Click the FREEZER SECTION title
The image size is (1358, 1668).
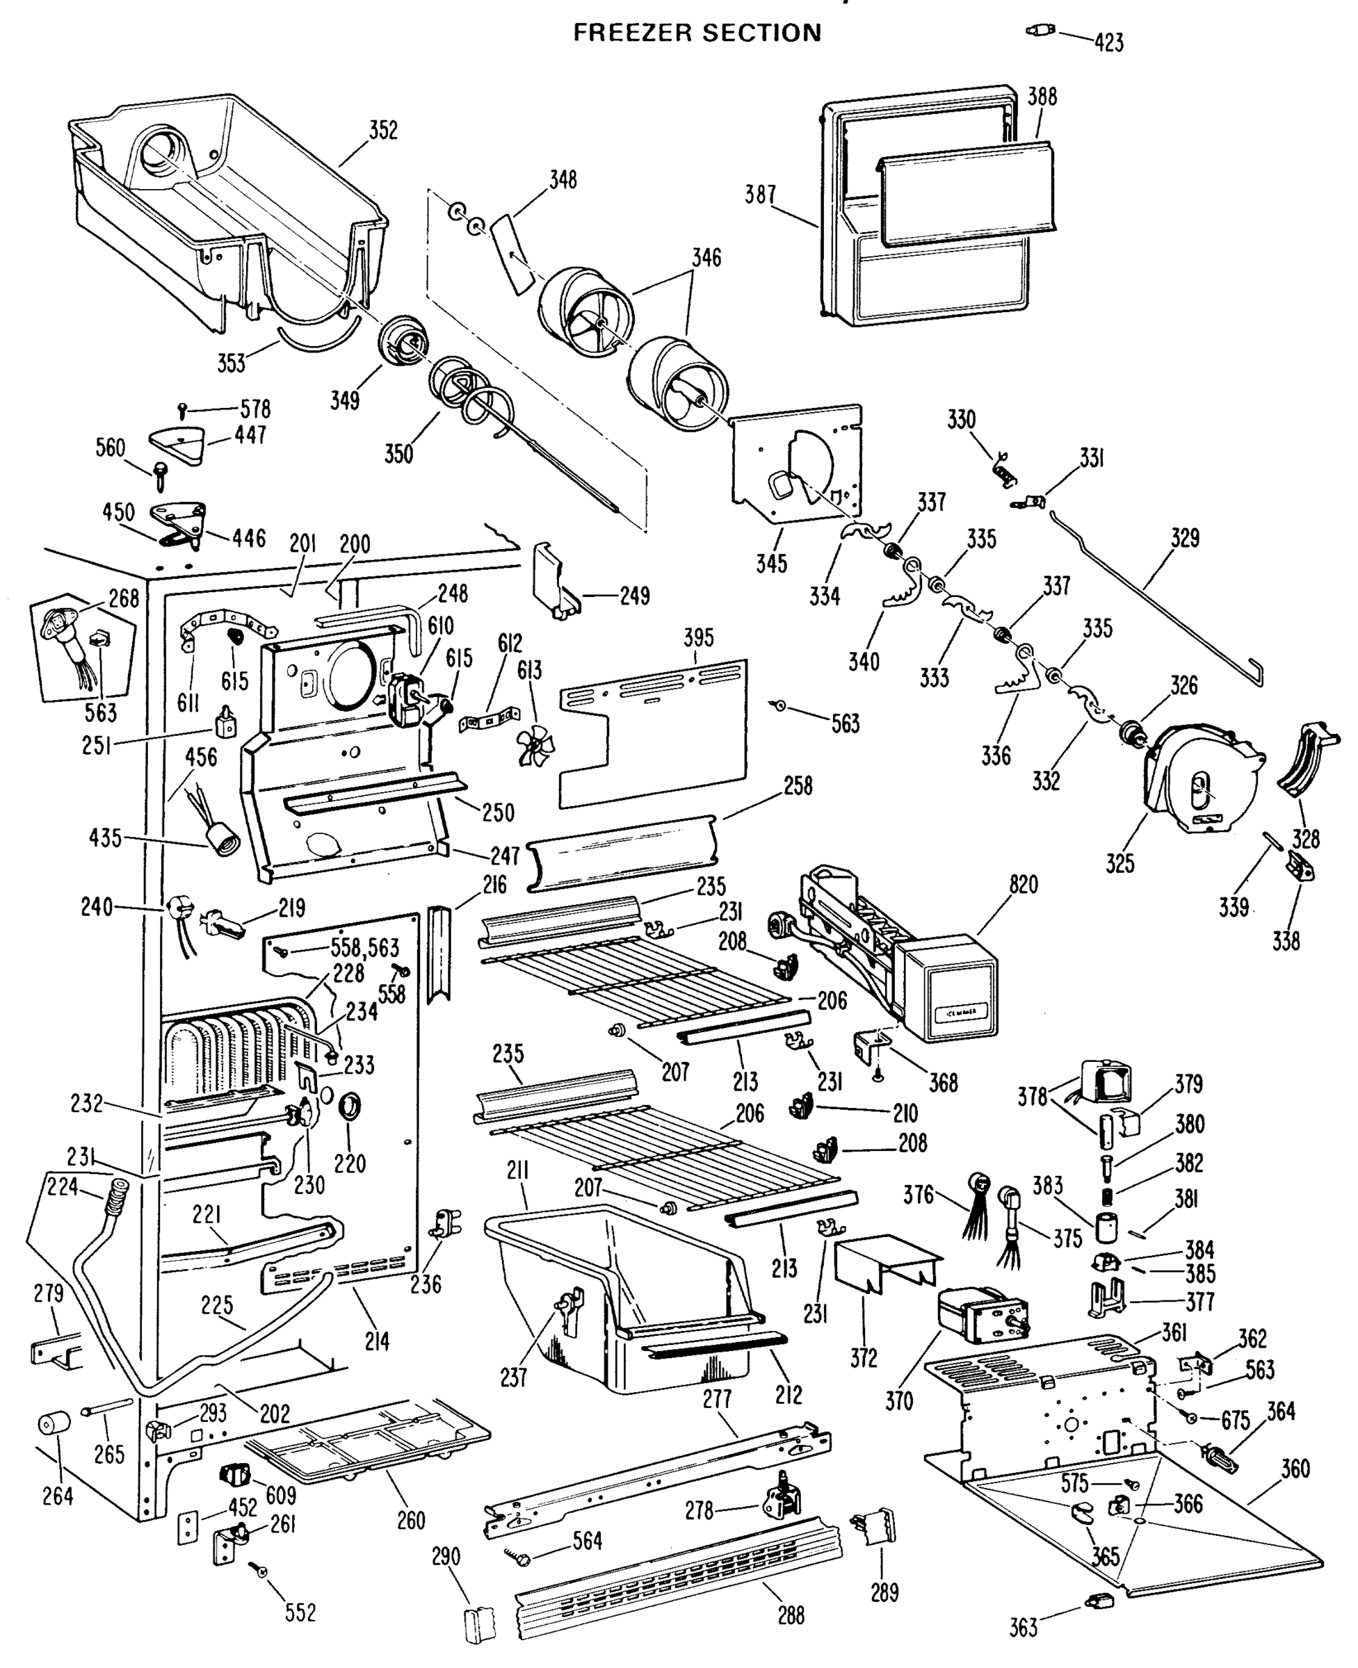697,33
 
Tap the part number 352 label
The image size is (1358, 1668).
383,130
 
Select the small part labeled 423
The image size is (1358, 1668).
1040,31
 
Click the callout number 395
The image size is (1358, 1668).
699,637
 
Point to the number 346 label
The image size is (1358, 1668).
706,257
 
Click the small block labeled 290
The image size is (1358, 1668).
480,1625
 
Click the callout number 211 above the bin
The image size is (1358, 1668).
518,1170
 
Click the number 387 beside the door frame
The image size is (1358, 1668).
759,194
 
